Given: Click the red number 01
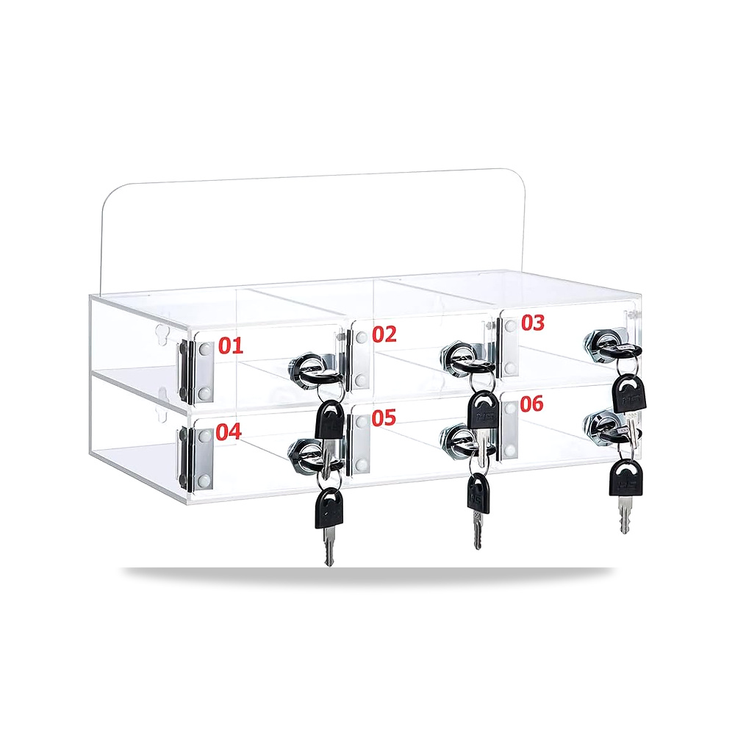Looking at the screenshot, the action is [x=231, y=345].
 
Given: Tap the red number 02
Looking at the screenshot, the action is [x=384, y=334].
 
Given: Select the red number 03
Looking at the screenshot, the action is [x=533, y=323].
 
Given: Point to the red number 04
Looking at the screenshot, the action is [x=229, y=431].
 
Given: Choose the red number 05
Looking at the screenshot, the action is [x=384, y=417].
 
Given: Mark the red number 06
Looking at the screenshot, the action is [x=531, y=404].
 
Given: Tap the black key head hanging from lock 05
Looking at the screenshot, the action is [x=478, y=493].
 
